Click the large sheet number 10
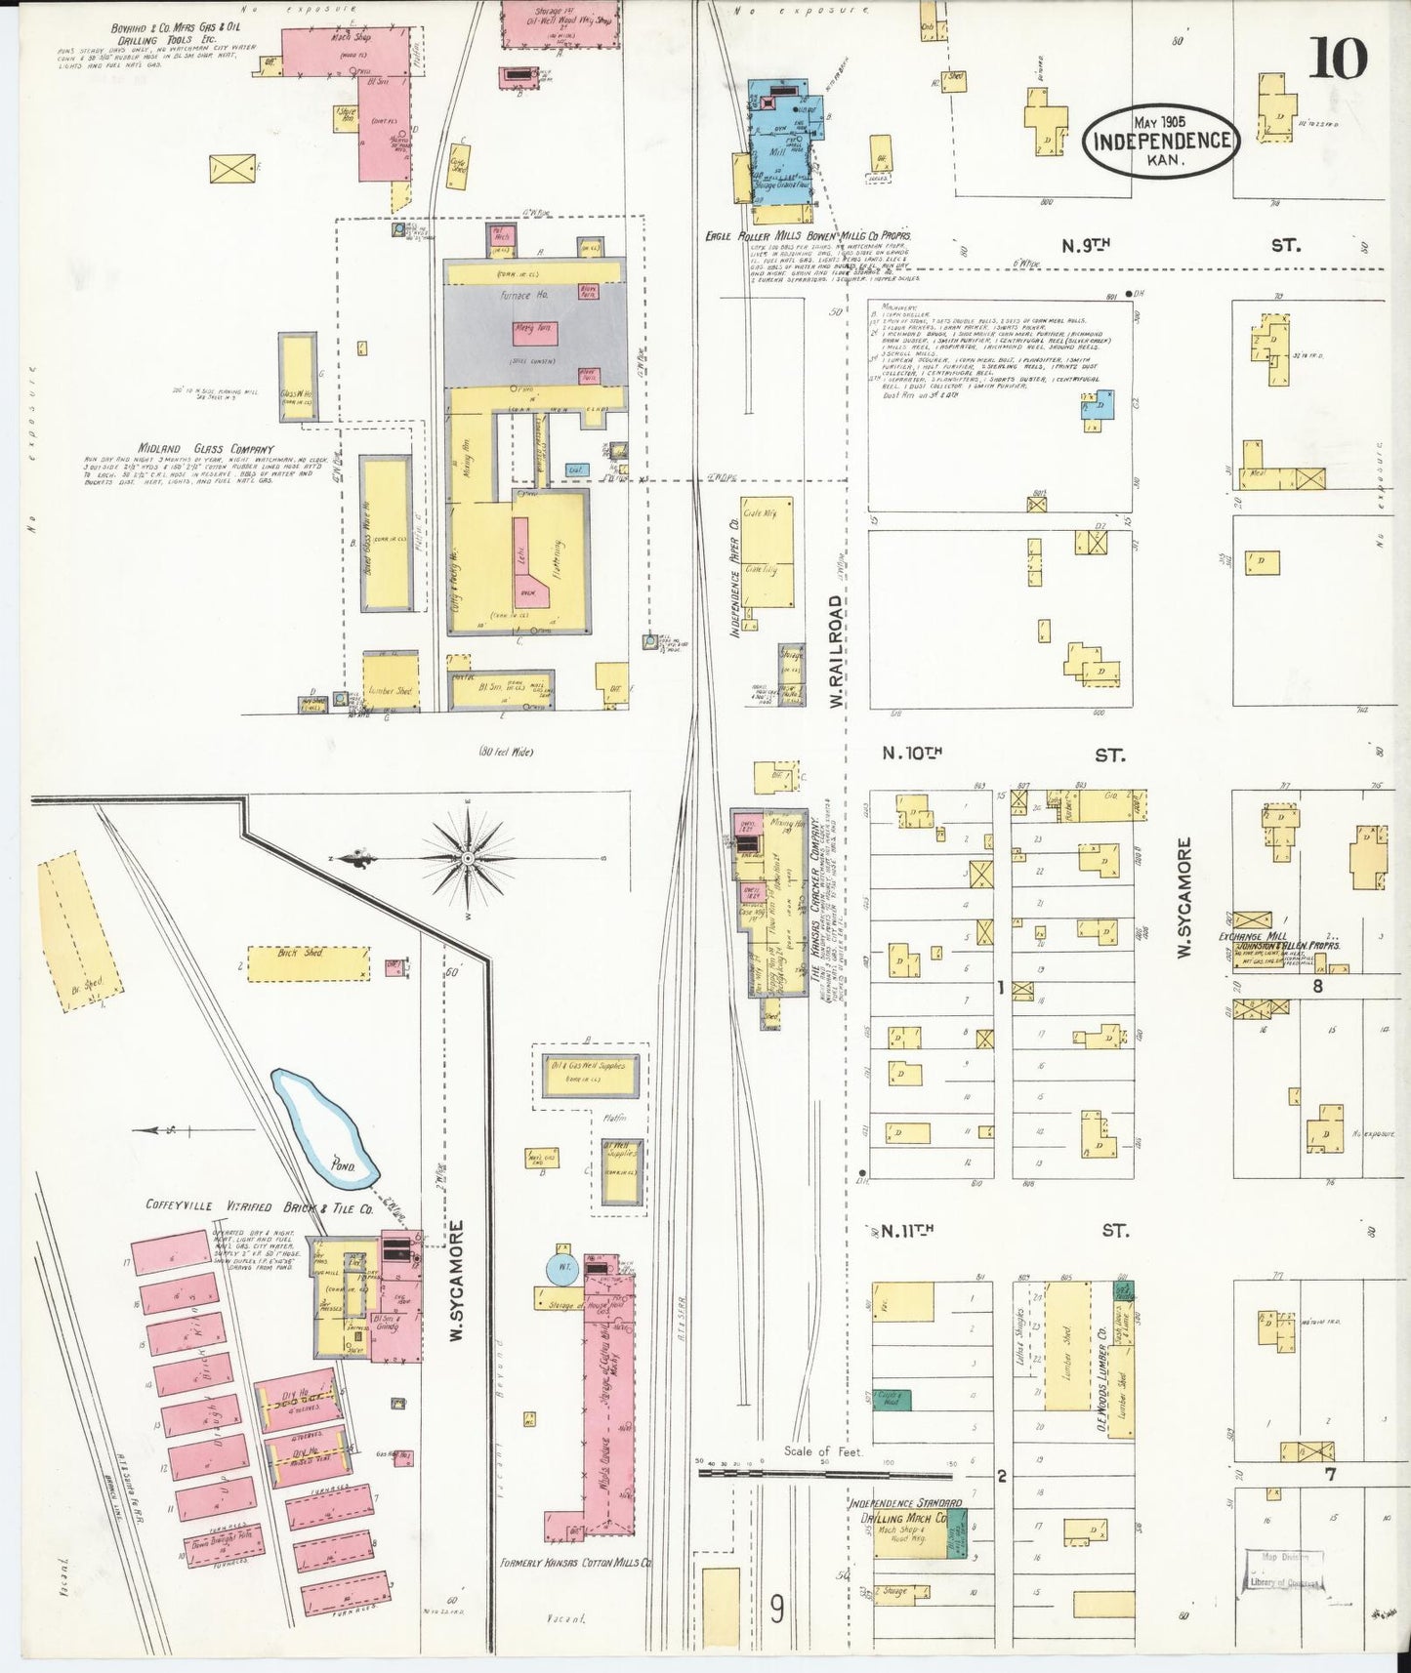point(1337,58)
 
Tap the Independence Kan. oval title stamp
point(1161,142)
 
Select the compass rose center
point(468,857)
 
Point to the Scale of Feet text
point(823,1451)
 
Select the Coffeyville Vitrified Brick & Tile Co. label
point(259,1205)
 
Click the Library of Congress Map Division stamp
point(1283,1571)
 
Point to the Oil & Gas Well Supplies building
point(590,1074)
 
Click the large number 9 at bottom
point(776,1608)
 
